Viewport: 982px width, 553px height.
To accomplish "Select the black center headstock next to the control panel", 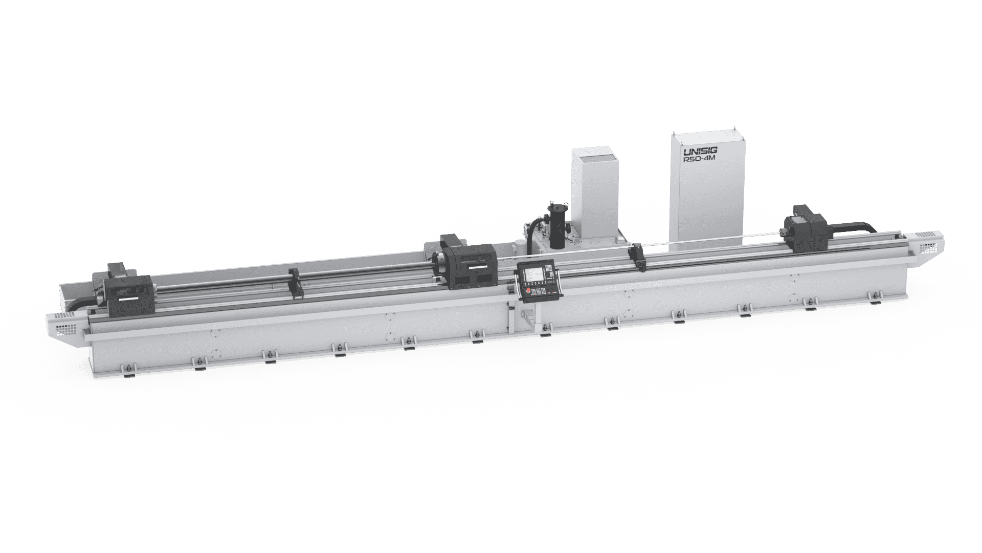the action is (x=467, y=264).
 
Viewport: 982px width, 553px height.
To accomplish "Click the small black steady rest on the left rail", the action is (x=296, y=283).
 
